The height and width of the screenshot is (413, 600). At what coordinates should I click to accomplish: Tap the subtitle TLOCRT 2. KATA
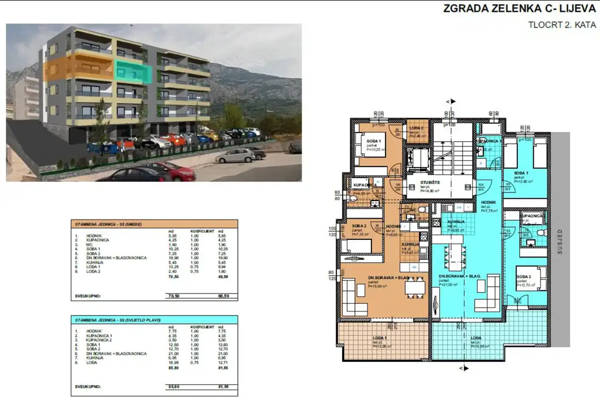tap(562, 25)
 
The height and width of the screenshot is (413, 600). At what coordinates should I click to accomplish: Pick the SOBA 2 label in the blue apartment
tap(524, 276)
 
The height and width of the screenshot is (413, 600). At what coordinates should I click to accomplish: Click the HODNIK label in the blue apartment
tap(489, 202)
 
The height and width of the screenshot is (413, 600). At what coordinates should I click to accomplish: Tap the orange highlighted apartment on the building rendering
tap(79, 69)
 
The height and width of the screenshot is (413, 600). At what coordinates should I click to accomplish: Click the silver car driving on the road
tap(236, 155)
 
